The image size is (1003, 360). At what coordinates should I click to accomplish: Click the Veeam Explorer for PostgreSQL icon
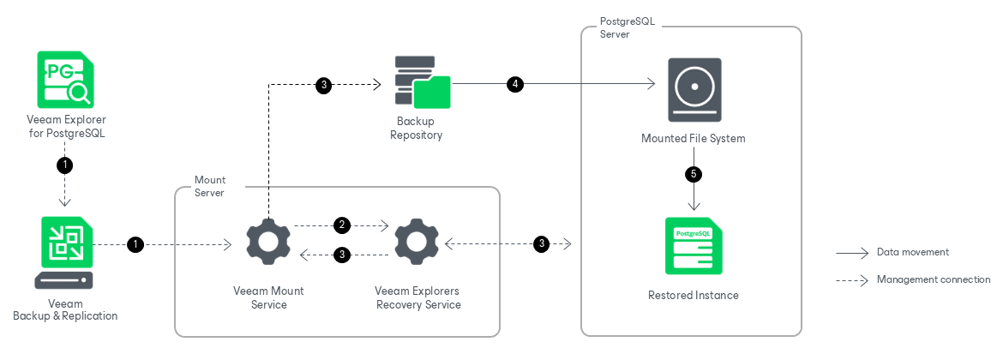pyautogui.click(x=64, y=80)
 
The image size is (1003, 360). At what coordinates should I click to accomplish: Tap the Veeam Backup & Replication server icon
pyautogui.click(x=64, y=253)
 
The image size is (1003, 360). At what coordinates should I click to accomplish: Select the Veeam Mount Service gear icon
pyautogui.click(x=268, y=243)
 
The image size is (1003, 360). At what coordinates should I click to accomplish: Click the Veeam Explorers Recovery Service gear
pyautogui.click(x=416, y=243)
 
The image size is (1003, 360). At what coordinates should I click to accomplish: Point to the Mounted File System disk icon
pyautogui.click(x=694, y=89)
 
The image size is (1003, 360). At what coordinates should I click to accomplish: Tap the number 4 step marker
pyautogui.click(x=515, y=84)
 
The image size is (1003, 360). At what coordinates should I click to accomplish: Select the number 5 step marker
pyautogui.click(x=694, y=173)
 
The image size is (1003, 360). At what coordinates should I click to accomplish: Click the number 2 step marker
pyautogui.click(x=342, y=225)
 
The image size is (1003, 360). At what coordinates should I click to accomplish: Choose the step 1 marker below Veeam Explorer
pyautogui.click(x=64, y=165)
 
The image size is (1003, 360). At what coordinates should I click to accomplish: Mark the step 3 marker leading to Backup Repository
pyautogui.click(x=324, y=85)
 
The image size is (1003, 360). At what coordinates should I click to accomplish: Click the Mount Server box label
pyautogui.click(x=210, y=186)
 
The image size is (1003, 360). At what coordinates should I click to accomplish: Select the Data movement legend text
pyautogui.click(x=913, y=252)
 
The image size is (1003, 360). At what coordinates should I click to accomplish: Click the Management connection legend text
pyautogui.click(x=934, y=279)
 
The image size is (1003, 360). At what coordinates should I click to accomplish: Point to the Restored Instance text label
pyautogui.click(x=694, y=296)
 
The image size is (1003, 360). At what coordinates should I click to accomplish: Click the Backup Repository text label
pyautogui.click(x=417, y=128)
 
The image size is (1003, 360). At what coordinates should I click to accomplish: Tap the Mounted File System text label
pyautogui.click(x=694, y=138)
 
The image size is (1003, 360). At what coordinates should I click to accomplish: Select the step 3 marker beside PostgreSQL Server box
pyautogui.click(x=542, y=243)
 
